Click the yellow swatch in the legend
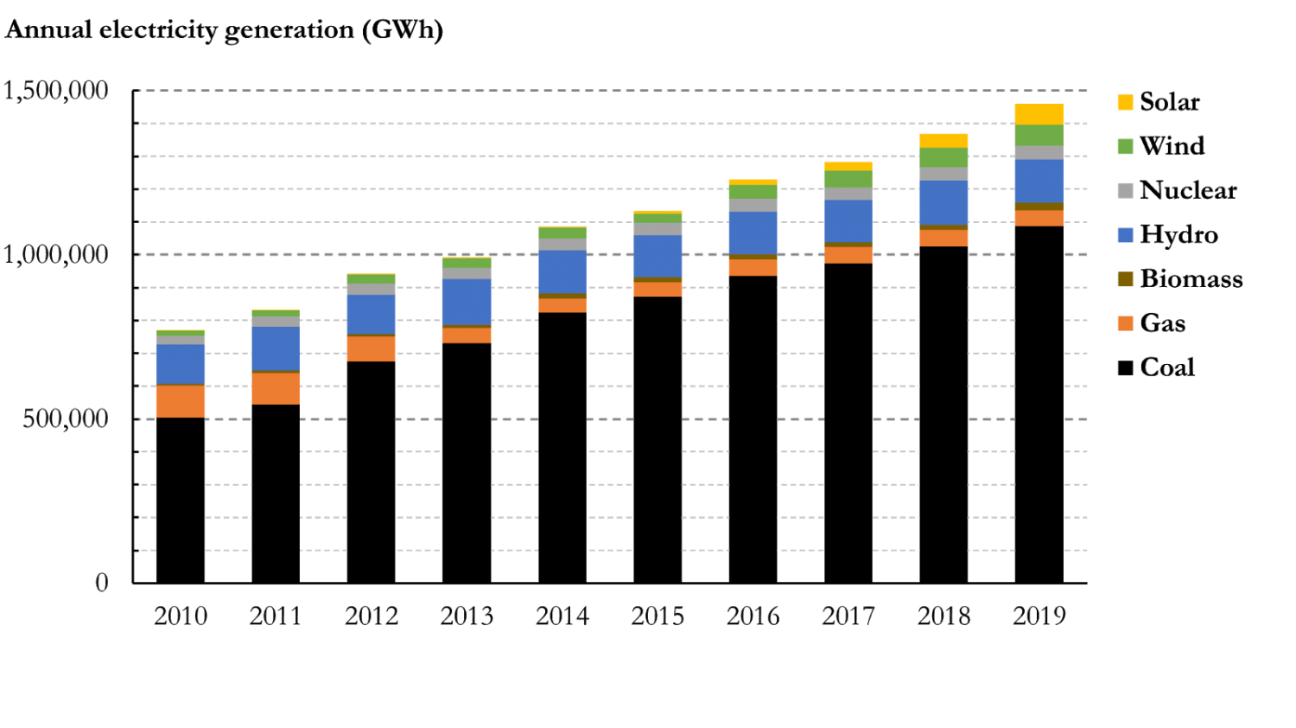click(x=1125, y=102)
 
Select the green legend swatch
click(x=1125, y=146)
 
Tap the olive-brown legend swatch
click(x=1125, y=278)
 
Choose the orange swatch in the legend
click(x=1125, y=334)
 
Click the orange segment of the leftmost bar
click(x=180, y=401)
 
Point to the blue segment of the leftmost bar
click(x=180, y=364)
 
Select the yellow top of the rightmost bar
click(x=1039, y=114)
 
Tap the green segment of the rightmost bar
click(x=1039, y=136)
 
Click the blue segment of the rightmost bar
click(x=1039, y=181)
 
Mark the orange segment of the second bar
click(x=275, y=388)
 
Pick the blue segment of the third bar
click(x=371, y=314)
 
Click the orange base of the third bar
click(x=371, y=348)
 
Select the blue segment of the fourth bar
click(x=467, y=302)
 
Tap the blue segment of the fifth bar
click(x=562, y=271)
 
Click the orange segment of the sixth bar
click(x=658, y=289)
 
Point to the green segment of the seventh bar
click(x=753, y=192)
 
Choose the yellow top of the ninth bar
click(x=943, y=140)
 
